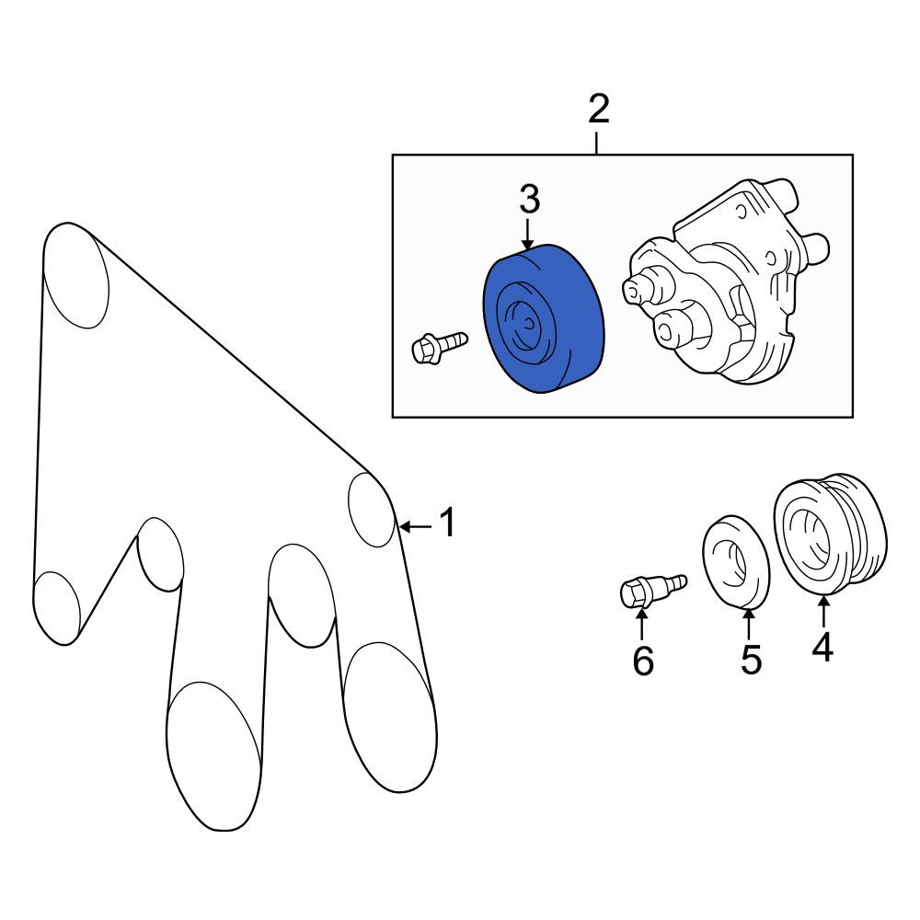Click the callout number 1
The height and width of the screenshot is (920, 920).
448,523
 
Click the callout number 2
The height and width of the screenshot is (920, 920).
599,109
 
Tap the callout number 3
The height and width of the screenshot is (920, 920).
529,199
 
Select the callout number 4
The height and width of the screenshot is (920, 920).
822,647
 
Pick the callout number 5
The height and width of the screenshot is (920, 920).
751,659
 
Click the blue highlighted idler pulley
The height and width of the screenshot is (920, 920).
544,318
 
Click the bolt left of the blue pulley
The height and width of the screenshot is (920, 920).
440,347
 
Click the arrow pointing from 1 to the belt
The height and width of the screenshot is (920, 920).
416,527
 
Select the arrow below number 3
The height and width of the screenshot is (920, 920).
529,234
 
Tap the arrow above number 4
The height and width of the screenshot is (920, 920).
823,611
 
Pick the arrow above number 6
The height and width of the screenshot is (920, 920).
642,625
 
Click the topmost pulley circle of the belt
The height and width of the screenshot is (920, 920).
76,275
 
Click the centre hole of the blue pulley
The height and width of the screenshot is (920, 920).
530,323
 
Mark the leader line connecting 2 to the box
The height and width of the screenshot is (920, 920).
597,144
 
